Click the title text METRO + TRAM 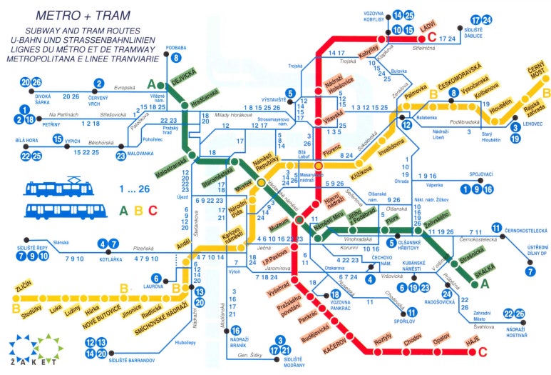(x=74, y=14)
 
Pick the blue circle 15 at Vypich (x=58, y=140)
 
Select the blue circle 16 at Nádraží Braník (x=236, y=331)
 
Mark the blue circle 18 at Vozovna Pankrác (x=334, y=295)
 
